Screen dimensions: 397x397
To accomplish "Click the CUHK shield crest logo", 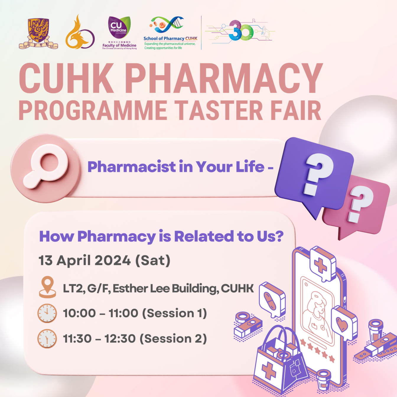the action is coord(38,33).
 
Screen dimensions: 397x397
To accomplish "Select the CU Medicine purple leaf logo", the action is coord(119,27).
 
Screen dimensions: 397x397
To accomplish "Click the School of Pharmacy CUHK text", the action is coord(170,38).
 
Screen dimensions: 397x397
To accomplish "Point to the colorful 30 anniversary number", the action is coord(241,30).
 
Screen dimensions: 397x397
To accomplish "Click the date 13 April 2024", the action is coord(85,260).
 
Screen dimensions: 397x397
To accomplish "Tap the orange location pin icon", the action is coord(47,287).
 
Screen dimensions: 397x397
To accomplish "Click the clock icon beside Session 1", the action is coord(47,313).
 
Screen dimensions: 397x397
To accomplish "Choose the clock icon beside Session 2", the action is coord(47,339).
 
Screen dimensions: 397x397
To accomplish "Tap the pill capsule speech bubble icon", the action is coord(272,300).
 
